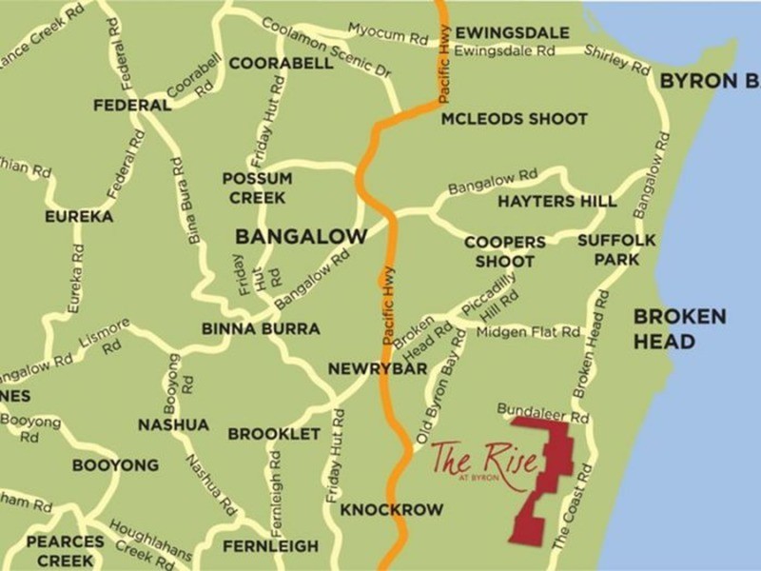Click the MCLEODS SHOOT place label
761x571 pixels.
[514, 119]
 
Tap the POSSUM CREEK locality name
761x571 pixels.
[258, 187]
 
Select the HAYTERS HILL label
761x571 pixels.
[556, 202]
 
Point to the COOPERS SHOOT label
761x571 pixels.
[504, 252]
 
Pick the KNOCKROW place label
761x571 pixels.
[391, 510]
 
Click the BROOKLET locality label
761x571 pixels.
[273, 434]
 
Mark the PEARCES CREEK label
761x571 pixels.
[66, 549]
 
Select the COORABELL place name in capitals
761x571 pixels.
[281, 64]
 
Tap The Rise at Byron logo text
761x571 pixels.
[483, 461]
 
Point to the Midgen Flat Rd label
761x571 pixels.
[528, 332]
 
